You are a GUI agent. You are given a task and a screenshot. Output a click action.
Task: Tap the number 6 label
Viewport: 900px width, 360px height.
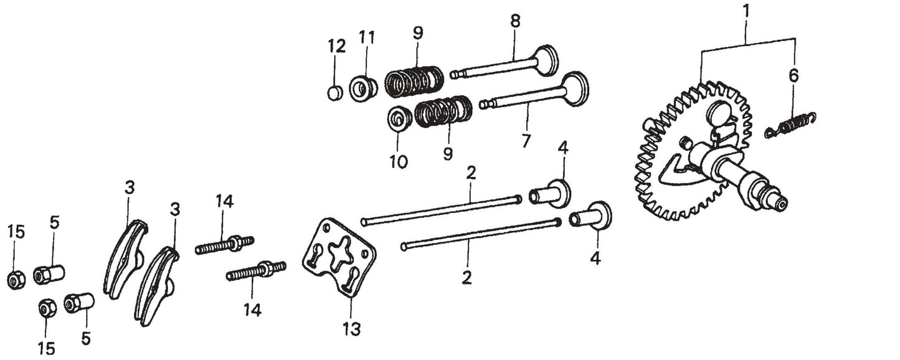(792, 76)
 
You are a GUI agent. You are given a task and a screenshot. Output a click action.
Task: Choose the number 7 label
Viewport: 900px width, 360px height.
(526, 141)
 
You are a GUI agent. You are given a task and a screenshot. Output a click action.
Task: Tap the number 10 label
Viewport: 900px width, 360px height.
(399, 161)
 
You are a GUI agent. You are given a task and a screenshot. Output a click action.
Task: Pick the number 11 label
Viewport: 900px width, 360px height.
(366, 37)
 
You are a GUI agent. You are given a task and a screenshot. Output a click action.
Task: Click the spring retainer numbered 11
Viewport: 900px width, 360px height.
(362, 88)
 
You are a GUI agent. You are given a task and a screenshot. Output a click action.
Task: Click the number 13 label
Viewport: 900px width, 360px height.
(351, 328)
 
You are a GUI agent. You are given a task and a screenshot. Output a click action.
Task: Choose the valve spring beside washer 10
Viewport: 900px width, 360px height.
(443, 111)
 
